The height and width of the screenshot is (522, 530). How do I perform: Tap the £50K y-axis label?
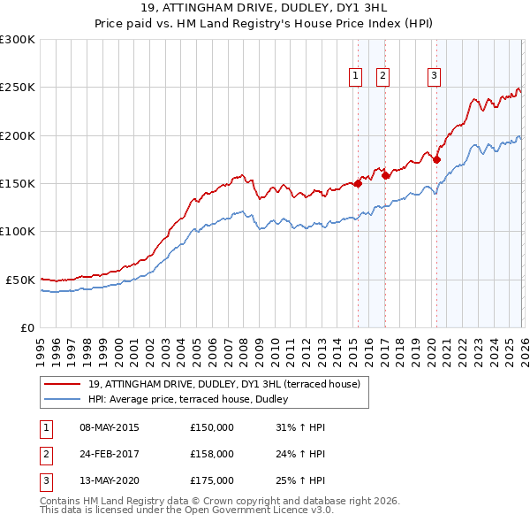[x=20, y=280]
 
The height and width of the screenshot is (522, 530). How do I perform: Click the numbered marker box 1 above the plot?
[x=355, y=77]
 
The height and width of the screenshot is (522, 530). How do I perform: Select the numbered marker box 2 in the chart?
[x=382, y=77]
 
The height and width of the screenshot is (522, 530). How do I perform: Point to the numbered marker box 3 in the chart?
[x=435, y=77]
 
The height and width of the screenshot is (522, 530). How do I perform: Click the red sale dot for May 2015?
[x=358, y=184]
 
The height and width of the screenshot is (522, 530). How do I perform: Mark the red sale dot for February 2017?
[x=385, y=176]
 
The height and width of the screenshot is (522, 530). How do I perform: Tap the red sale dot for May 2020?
[x=436, y=160]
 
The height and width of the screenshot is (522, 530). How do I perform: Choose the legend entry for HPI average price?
[x=194, y=399]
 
